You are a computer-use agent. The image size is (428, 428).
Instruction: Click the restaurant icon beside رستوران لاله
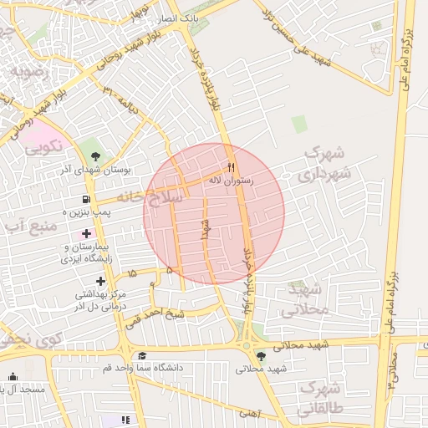click(232, 165)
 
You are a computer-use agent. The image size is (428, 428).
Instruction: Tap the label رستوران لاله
click(252, 180)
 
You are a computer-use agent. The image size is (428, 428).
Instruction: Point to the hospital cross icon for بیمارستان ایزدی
click(86, 233)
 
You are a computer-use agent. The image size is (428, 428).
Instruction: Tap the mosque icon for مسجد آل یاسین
click(13, 377)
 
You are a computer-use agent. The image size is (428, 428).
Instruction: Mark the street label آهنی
click(248, 412)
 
